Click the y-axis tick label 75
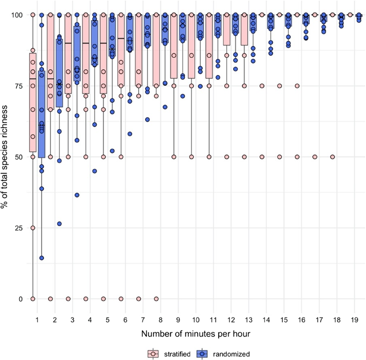19,86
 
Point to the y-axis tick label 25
19,228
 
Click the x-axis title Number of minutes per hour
196,334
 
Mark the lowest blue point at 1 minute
42,258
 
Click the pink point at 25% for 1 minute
33,228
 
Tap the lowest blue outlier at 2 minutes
59,224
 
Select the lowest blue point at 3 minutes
77,195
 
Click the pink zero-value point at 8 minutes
156,299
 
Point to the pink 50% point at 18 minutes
332,157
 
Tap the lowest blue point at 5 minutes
112,151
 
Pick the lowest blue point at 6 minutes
130,134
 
